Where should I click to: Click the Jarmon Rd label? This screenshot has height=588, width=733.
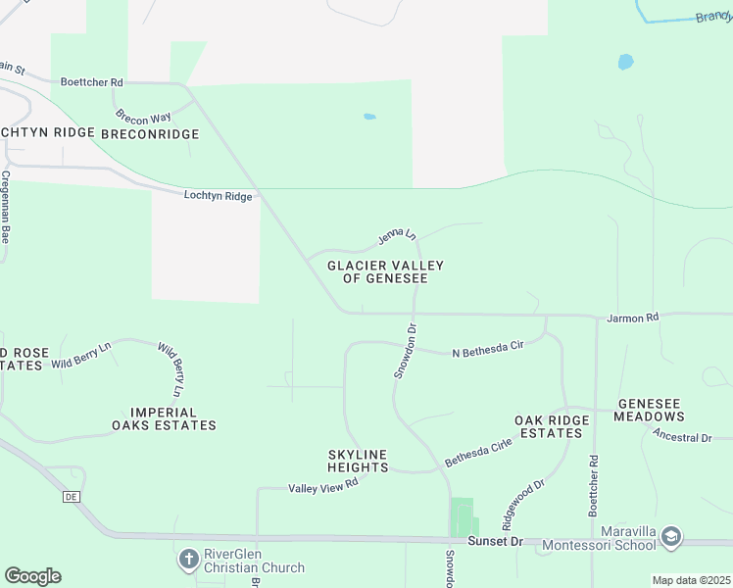633,318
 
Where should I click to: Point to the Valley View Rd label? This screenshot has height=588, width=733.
323,487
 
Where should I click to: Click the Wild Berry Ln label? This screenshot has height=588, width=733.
81,355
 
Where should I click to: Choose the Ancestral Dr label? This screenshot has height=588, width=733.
682,437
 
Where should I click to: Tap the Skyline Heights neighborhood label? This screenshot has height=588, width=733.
358,461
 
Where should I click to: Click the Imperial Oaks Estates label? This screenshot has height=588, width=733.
164,419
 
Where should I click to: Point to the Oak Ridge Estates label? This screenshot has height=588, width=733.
553,426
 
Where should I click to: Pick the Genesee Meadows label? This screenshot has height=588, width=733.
662,410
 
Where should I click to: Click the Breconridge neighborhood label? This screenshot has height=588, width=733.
150,132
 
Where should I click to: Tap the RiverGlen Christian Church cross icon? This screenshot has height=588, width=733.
188,560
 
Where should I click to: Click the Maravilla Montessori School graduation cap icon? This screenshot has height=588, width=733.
671,536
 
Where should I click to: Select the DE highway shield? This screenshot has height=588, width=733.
71,497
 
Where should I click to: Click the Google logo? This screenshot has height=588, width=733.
32,576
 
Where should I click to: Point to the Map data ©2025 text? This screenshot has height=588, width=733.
691,580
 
